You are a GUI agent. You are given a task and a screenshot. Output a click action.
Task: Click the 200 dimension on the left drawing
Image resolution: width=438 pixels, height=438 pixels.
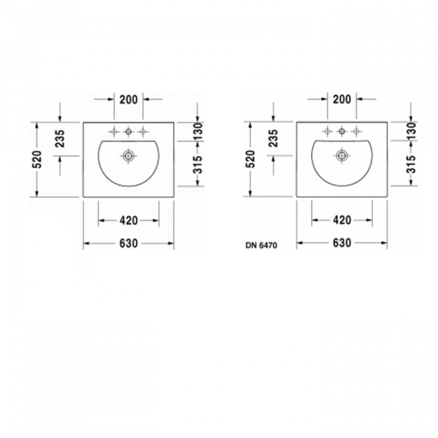coord(128,99)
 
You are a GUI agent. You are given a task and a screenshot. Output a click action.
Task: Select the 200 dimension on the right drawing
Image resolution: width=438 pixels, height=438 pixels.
coord(341,99)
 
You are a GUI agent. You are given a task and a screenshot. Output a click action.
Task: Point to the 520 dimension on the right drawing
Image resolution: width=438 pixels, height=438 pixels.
coord(250,159)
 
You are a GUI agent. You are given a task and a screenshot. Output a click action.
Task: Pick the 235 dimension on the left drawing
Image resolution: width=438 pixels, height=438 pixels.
coord(60,139)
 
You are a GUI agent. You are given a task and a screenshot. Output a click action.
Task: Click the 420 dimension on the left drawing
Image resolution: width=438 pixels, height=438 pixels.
coord(128,220)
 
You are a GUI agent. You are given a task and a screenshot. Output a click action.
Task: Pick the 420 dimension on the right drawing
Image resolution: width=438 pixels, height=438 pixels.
coord(341,220)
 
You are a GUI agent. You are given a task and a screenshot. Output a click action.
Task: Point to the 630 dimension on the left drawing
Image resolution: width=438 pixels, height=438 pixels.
coord(128,243)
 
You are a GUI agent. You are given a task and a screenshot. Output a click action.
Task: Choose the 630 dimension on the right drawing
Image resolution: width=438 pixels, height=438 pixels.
coord(341,243)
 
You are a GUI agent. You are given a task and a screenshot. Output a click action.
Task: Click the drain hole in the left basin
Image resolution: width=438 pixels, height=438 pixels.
coord(128,155)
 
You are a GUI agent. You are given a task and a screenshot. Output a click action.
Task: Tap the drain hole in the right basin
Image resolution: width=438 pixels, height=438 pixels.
coord(341,155)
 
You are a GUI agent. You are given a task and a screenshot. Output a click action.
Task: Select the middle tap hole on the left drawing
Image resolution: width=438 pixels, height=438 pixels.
coord(128,131)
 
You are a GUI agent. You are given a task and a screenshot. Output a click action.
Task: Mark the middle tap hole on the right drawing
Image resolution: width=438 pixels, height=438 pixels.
coord(341,131)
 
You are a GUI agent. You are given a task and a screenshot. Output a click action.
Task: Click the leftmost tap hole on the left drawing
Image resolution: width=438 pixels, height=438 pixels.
coord(115,131)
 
